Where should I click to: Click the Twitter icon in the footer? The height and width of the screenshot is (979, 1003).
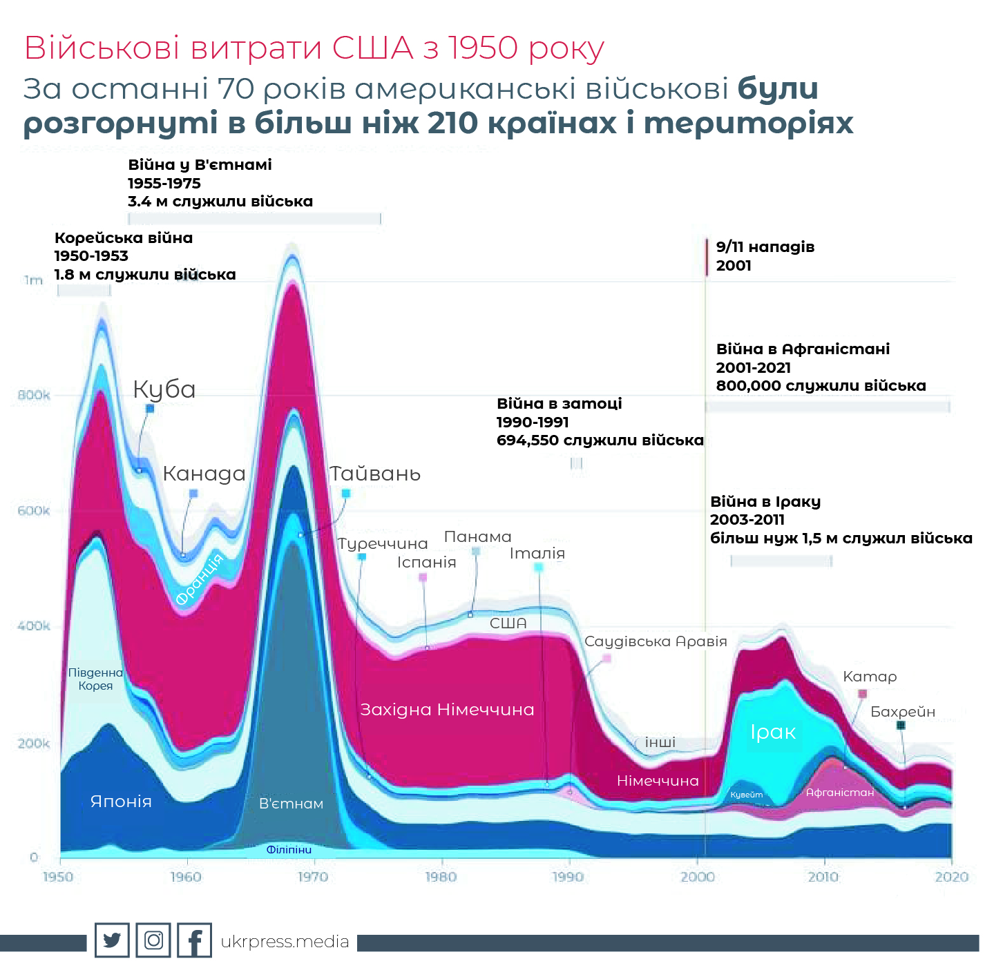coord(112,940)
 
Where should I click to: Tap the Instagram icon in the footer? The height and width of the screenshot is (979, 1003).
coord(153,940)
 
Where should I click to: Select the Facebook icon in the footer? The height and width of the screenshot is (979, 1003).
coord(195,940)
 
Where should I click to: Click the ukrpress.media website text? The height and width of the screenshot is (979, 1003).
coord(285,942)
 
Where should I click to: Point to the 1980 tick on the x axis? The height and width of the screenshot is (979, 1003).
coord(441,877)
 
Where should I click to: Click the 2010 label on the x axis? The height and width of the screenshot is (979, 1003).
coord(823,877)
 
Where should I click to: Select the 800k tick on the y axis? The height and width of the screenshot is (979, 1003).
coord(34,396)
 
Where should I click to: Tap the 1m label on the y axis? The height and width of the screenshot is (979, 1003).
coord(33,280)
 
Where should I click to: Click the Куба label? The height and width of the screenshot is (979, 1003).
coord(164,390)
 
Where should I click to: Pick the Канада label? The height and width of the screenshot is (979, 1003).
coord(204,474)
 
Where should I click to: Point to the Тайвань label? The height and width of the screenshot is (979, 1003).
coord(375,474)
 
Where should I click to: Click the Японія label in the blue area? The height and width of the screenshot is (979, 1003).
coord(121,802)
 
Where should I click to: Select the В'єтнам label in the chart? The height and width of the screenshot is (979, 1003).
coord(291,804)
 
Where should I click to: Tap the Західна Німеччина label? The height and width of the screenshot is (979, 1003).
coord(447,710)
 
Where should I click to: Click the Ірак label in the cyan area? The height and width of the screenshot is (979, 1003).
coord(773,733)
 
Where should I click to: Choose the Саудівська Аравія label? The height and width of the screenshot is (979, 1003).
coord(656,641)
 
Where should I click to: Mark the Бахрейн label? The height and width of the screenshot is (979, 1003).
coord(902,712)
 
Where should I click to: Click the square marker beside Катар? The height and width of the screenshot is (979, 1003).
coord(862,694)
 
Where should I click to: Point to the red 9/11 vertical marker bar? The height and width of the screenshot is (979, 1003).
coord(707,257)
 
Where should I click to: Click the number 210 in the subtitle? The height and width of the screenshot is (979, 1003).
coord(452,124)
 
